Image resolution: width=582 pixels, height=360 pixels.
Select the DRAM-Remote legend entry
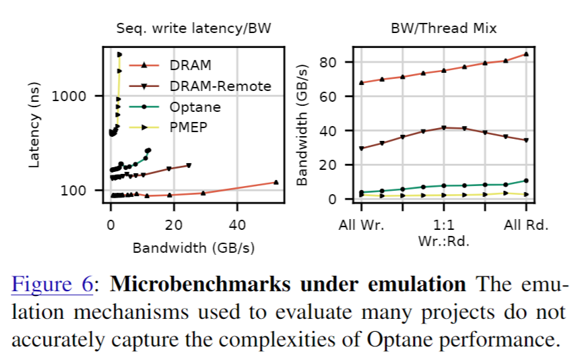(x=212, y=86)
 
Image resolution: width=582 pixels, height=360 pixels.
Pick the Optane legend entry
(x=195, y=107)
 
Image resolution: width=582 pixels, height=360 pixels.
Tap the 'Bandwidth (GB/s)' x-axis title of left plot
(x=193, y=247)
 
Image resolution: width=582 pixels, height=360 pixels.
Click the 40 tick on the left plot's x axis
(x=237, y=224)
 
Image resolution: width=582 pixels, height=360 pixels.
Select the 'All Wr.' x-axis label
(x=361, y=224)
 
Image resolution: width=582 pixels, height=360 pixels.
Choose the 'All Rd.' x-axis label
(x=526, y=224)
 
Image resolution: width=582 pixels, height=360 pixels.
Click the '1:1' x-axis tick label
(x=443, y=224)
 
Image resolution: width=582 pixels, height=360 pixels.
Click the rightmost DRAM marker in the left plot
(x=276, y=182)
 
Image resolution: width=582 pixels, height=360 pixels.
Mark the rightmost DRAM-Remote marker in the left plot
(x=189, y=165)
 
